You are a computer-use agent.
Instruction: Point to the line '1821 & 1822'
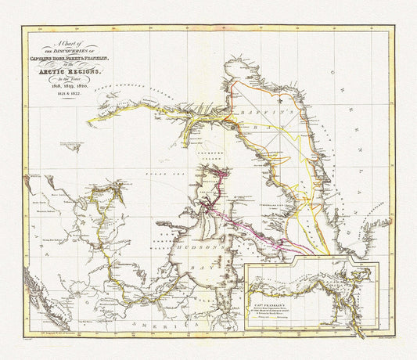(71, 97)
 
